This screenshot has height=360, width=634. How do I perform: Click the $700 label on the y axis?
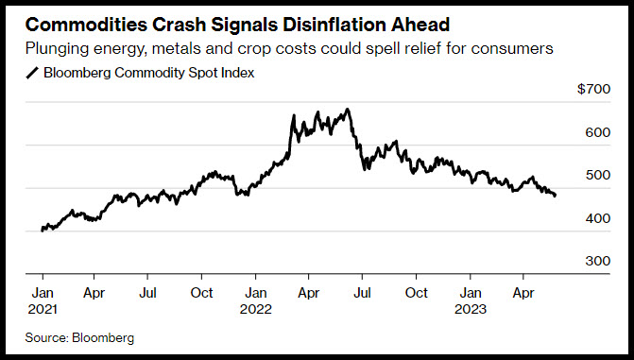[593, 89]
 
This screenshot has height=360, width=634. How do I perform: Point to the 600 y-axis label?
[597, 132]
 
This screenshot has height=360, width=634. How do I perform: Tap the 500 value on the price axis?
[597, 175]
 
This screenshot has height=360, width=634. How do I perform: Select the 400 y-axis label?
[597, 218]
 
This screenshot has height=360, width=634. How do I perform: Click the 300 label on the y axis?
[597, 261]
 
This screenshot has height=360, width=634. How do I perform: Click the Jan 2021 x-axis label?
[43, 300]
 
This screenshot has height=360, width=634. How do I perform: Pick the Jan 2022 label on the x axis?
[255, 300]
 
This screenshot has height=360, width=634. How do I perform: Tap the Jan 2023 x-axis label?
[471, 300]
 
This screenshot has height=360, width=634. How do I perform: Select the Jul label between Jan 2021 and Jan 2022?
[147, 293]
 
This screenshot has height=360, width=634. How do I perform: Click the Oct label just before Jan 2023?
[416, 293]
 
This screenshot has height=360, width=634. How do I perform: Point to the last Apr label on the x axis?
[523, 293]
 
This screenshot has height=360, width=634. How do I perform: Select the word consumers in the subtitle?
[512, 48]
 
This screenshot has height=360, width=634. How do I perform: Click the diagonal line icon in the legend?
[32, 73]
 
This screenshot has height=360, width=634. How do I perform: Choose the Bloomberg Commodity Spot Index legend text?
[149, 73]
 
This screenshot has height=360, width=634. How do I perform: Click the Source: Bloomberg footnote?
[79, 337]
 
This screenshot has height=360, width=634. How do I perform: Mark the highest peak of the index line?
[348, 110]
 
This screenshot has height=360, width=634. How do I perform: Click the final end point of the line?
[555, 196]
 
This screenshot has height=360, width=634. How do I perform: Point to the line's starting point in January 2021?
[43, 231]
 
